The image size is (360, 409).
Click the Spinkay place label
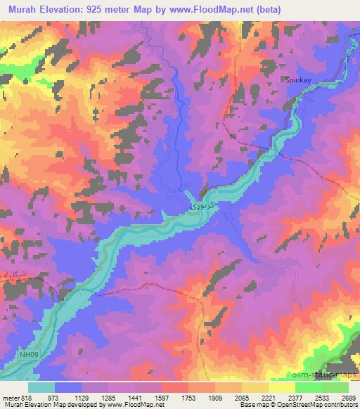[x=297, y=80]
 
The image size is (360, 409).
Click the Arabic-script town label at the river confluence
[x=200, y=208]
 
